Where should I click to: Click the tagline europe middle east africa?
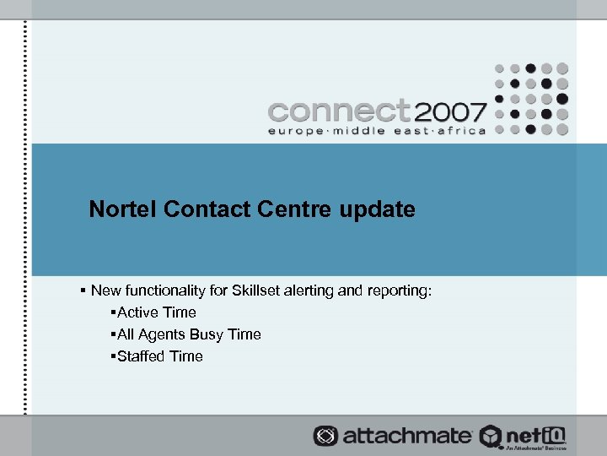[x=376, y=131]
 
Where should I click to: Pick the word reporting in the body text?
[x=400, y=290]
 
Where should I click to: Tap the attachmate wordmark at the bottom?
[x=406, y=436]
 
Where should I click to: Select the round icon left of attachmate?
[x=325, y=436]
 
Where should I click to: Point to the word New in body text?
[x=105, y=290]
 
